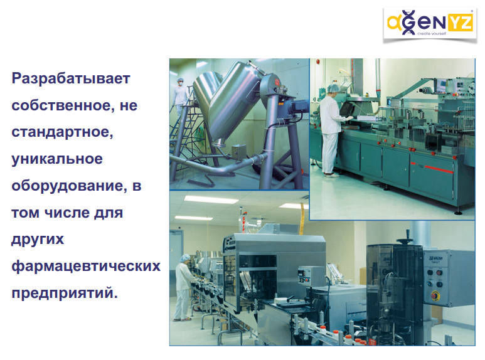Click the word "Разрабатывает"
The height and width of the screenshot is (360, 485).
[71, 79]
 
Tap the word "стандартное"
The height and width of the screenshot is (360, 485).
[62, 132]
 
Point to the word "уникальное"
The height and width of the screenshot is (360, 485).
[57, 159]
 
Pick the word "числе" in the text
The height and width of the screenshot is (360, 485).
[67, 213]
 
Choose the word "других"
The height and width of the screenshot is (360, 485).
[38, 240]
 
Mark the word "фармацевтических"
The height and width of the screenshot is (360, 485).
[86, 267]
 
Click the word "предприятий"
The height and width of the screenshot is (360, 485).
[65, 293]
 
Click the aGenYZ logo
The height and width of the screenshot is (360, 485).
[430, 24]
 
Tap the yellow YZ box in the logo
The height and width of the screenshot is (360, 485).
[461, 23]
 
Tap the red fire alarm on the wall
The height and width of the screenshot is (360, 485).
[317, 62]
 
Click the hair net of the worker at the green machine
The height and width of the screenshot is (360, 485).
[332, 88]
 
